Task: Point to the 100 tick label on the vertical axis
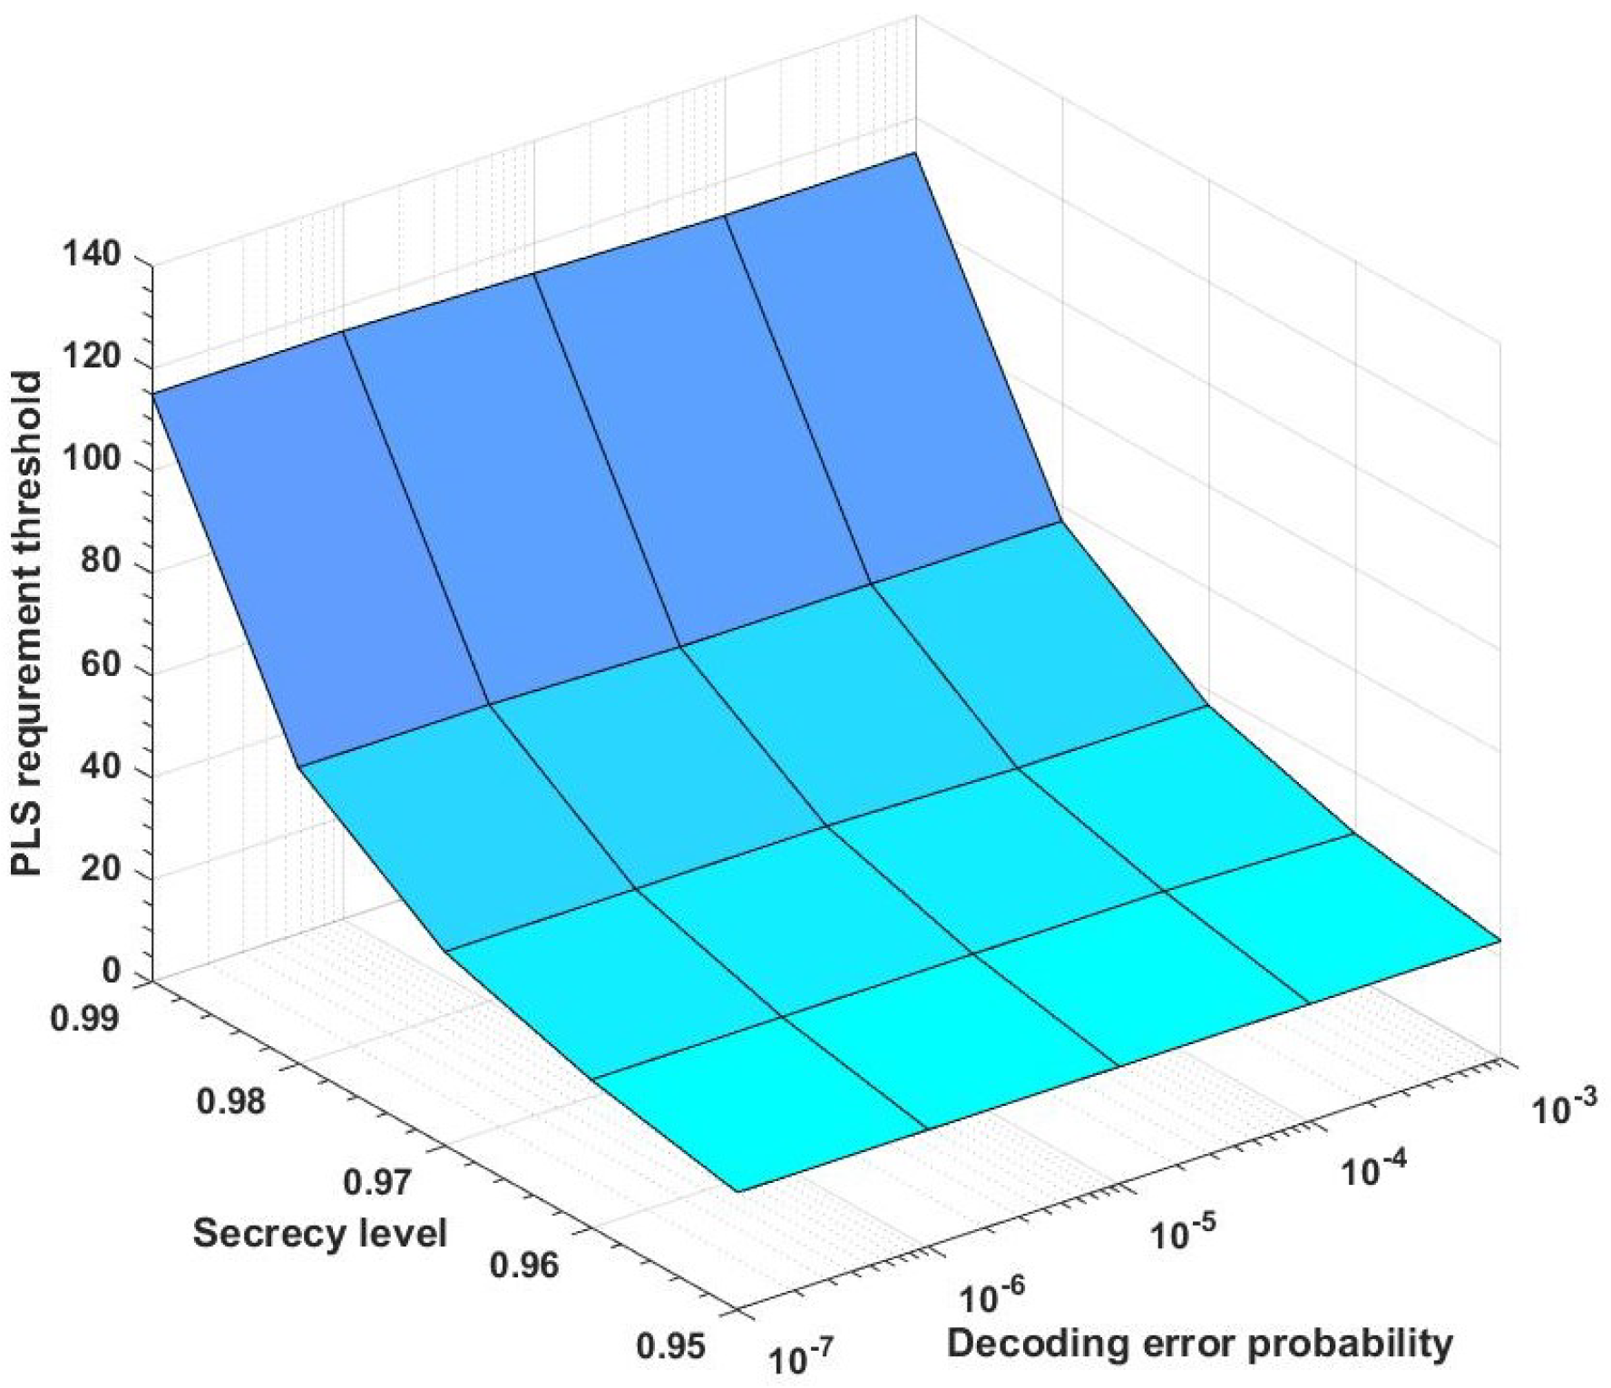[92, 458]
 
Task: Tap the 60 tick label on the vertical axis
[96, 664]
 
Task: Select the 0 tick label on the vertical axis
[112, 972]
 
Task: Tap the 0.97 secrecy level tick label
[377, 1182]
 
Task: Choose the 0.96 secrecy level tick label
[524, 1264]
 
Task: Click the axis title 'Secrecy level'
[320, 1234]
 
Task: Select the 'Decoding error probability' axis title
[1199, 1343]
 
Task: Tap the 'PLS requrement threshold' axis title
[27, 624]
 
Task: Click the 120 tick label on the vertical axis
[92, 356]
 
